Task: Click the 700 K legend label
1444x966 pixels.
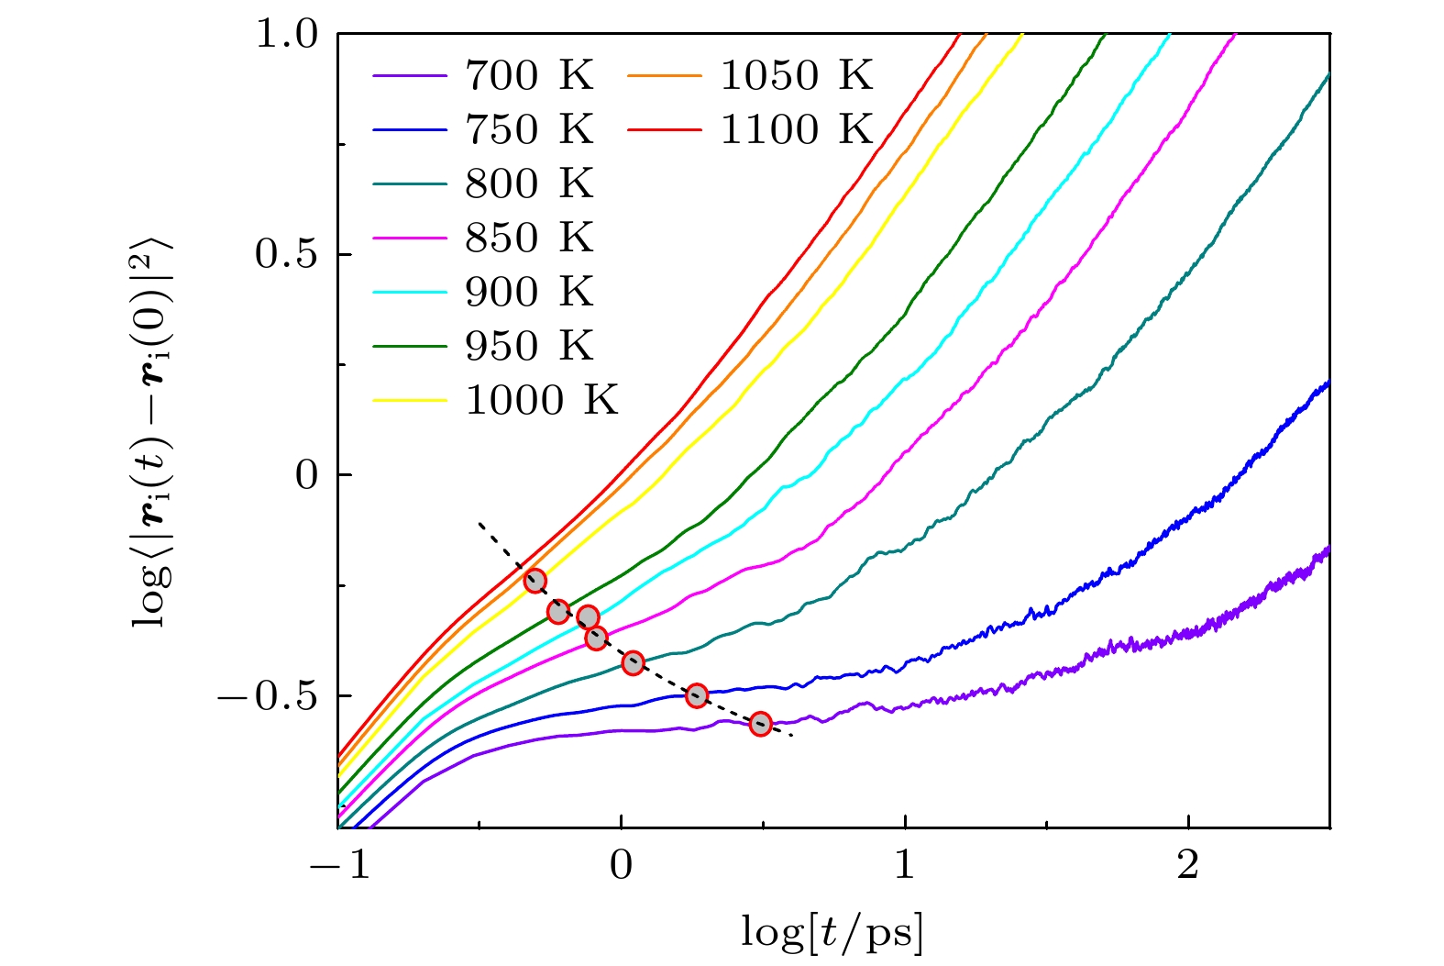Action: [529, 75]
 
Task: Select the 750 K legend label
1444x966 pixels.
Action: [529, 129]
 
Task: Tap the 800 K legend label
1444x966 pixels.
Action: [529, 183]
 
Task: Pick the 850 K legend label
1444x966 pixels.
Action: [529, 238]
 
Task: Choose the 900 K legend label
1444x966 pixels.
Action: [529, 292]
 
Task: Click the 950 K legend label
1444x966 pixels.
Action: [529, 346]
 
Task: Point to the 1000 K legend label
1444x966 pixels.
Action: [542, 400]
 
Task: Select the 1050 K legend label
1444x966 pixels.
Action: [796, 75]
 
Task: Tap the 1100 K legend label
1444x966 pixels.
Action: [796, 129]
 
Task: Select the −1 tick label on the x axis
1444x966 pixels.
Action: [339, 864]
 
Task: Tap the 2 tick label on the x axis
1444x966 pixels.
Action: [1188, 864]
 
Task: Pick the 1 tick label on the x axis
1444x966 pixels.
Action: [905, 864]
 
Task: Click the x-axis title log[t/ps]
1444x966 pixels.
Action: [832, 933]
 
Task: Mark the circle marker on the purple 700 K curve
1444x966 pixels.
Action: [760, 724]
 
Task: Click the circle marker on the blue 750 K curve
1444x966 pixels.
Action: [697, 695]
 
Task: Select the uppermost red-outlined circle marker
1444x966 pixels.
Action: [535, 581]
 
